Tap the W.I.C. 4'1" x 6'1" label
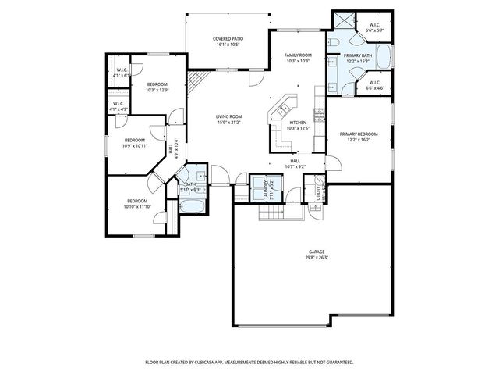[x=122, y=73]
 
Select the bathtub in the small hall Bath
[x=191, y=206]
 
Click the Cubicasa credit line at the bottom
[x=249, y=362]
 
